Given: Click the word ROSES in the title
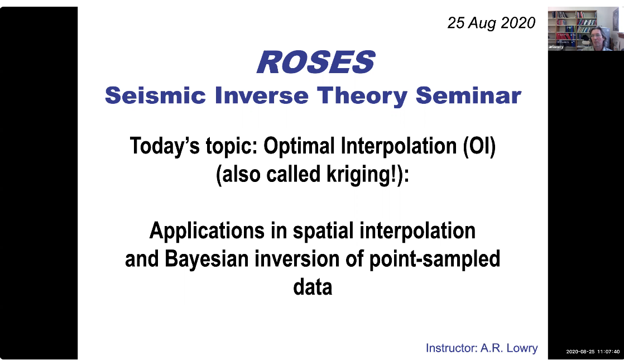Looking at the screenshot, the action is pos(316,63).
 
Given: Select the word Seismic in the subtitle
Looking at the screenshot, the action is pos(155,95).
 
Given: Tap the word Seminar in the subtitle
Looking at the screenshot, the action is pos(468,95).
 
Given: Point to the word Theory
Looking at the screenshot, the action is pos(362,97).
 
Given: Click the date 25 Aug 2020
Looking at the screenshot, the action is pos(491,23).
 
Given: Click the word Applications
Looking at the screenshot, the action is pos(207,231).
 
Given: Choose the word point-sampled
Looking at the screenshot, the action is pos(435,260).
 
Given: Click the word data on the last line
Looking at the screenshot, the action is pos(313,287).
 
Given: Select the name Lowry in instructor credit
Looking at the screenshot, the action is pos(522,348).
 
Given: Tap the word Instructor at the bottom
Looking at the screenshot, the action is pos(452,348).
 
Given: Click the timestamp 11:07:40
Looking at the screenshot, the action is pos(608,352).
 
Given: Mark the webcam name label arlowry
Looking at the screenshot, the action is pos(556,47).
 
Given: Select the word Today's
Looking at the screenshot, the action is pos(165,146).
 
